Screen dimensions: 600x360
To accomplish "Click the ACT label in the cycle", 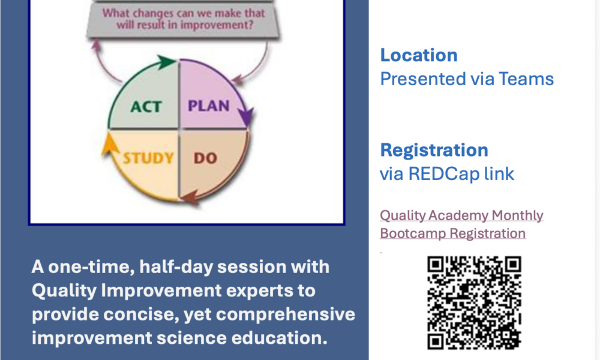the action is tap(146, 107).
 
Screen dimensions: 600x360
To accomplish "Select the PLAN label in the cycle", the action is tap(209, 106).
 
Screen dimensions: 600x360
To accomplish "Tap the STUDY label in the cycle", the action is tap(148, 158).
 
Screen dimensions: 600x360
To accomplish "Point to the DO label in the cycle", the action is tap(205, 158).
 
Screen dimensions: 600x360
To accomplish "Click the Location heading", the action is tap(419, 55).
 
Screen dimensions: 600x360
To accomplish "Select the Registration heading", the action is tap(434, 150).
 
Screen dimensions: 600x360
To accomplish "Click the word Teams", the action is tap(526, 79).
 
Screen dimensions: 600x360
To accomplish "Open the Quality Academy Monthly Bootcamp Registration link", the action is tap(461, 224).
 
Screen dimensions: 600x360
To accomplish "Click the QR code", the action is tap(474, 302).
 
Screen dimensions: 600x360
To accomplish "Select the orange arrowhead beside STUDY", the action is tap(109, 144).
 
